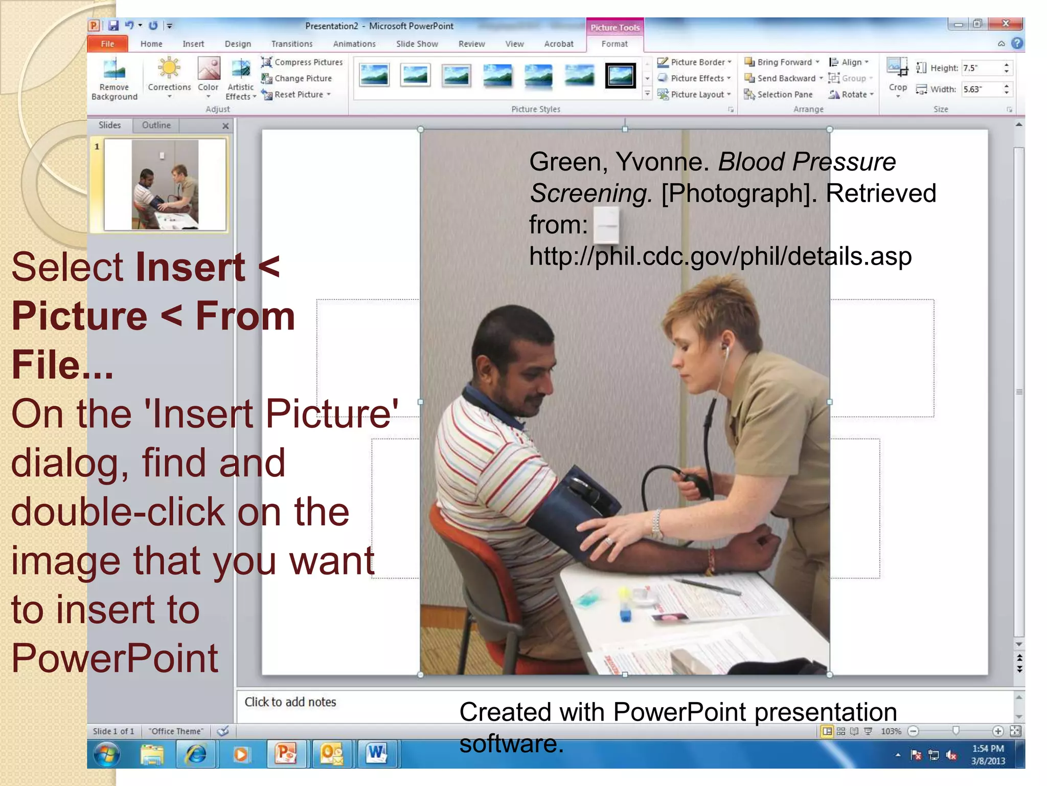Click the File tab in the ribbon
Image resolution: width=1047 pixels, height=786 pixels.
point(107,44)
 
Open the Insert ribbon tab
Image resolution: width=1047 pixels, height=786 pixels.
point(193,44)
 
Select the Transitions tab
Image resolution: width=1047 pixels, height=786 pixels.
point(291,44)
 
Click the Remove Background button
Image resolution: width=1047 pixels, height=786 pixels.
point(115,79)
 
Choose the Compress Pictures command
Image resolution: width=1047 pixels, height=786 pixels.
point(303,62)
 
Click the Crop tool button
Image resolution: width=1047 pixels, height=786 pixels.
point(897,76)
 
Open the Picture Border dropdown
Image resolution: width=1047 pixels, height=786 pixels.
point(695,62)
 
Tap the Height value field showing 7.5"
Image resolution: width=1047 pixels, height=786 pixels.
point(981,68)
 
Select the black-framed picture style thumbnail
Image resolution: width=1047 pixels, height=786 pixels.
point(620,76)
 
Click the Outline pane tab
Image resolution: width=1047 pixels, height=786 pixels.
point(156,125)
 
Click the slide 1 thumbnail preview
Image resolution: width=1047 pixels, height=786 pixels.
point(165,185)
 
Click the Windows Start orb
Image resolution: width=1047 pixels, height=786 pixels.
point(107,754)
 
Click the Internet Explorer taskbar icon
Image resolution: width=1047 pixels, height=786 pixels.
point(196,754)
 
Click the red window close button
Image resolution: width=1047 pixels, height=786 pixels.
point(1005,24)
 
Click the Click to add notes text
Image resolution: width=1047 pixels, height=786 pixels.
point(290,702)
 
